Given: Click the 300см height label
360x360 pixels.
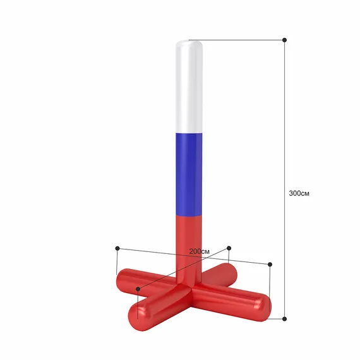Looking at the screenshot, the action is pos(299,193).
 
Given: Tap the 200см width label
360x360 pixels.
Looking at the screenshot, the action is pos(200,251).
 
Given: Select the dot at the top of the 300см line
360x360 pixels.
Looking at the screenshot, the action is pos(284,40).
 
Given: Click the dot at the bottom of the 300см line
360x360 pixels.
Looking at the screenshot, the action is pos(284,319).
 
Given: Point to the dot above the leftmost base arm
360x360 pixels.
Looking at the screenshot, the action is pos(117,248).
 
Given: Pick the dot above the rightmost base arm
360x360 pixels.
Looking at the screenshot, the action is pos(270,265).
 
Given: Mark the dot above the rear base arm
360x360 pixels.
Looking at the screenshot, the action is pos(229,248).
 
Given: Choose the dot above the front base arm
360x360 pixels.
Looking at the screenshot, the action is pos(138,289).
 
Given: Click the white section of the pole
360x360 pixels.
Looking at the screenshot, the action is pos(189,87).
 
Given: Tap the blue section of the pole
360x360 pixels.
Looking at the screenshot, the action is pos(189,174).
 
